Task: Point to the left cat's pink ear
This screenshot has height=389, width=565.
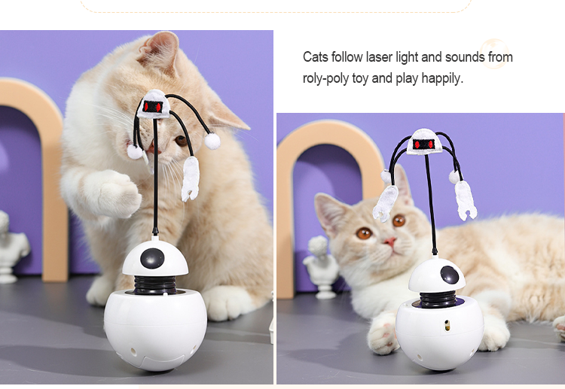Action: pyautogui.click(x=160, y=50)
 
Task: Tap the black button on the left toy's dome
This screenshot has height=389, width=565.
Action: pyautogui.click(x=152, y=258)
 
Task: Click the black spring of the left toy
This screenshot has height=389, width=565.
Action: pyautogui.click(x=155, y=284)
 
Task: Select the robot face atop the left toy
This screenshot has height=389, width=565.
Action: pyautogui.click(x=154, y=105)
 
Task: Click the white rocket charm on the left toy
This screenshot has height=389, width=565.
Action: pyautogui.click(x=191, y=178)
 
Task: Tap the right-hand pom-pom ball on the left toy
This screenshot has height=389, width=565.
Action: pyautogui.click(x=212, y=141)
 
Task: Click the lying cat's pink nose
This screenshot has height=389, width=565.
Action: pyautogui.click(x=390, y=241)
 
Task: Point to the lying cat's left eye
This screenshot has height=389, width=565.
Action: pyautogui.click(x=364, y=233)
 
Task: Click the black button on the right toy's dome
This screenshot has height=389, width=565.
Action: pyautogui.click(x=449, y=275)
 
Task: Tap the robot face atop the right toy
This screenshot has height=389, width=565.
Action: pyautogui.click(x=425, y=142)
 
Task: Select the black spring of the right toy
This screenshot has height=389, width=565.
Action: pyautogui.click(x=438, y=299)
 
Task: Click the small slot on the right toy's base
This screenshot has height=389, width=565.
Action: pyautogui.click(x=447, y=325)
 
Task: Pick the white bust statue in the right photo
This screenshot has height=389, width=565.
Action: pyautogui.click(x=322, y=267)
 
